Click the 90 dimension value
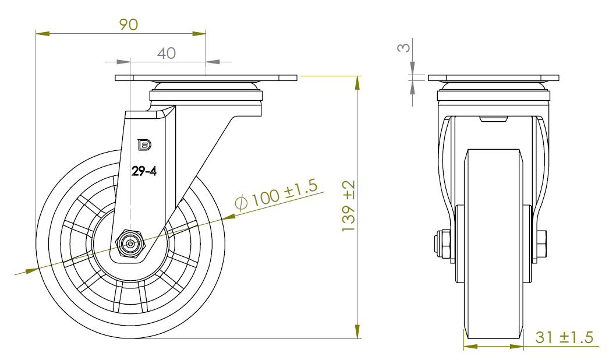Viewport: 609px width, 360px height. tap(128, 24)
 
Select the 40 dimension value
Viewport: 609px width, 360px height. tap(167, 53)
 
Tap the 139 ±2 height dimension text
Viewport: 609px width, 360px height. tap(348, 206)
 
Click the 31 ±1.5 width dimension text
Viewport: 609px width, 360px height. tap(564, 337)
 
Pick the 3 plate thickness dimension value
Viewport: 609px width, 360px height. tap(403, 47)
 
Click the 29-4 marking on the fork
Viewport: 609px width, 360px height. tap(144, 171)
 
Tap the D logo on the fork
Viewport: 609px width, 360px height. tap(144, 145)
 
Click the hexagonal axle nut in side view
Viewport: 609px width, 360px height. tap(130, 243)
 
